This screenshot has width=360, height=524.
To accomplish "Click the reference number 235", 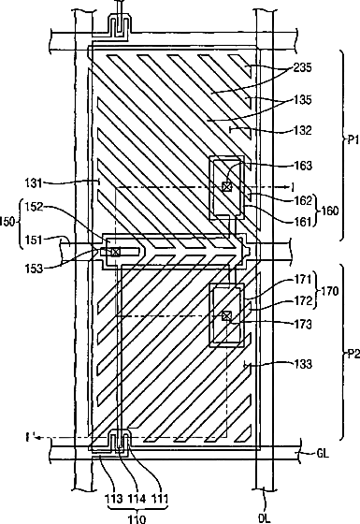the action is [x=303, y=67].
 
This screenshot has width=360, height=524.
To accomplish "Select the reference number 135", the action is [x=303, y=100].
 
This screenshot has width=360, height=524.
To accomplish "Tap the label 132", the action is [x=303, y=130].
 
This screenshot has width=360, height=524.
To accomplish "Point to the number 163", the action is [x=303, y=166].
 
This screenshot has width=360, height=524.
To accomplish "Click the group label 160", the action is [x=329, y=211].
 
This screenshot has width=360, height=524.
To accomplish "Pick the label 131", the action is [x=35, y=183].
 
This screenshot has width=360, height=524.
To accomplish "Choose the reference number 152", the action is [x=35, y=207].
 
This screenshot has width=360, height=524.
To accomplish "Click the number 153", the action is [x=35, y=268].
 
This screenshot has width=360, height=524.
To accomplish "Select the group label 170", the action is [x=329, y=291].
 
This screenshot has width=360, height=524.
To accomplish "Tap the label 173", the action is [x=303, y=324].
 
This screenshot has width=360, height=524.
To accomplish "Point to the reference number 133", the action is [x=303, y=364].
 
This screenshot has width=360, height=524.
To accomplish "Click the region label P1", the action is [x=353, y=140].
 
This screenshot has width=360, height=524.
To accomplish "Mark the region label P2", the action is [x=353, y=354].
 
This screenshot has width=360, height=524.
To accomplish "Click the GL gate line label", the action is [x=323, y=453].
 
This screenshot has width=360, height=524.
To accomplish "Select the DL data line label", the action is [x=265, y=518].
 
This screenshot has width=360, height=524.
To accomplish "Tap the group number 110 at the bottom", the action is [x=137, y=519].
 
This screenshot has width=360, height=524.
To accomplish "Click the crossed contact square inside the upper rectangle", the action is [x=226, y=186].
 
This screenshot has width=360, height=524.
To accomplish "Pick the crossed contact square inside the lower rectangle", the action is [x=226, y=315].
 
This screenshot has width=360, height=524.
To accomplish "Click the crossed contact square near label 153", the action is [x=115, y=252].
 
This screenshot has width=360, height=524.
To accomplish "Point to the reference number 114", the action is [x=137, y=499].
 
